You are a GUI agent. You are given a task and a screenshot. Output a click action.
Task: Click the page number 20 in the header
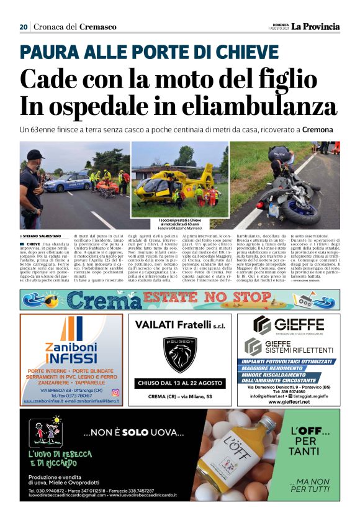[x=24, y=27]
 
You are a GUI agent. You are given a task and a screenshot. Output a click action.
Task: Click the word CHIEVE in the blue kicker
[x=212, y=51]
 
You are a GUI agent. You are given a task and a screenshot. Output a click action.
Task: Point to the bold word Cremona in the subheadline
[x=317, y=130]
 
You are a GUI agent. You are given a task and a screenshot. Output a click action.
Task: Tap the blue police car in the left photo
[x=66, y=183]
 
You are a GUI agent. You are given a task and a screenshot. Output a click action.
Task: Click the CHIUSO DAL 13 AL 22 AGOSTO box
[x=179, y=383]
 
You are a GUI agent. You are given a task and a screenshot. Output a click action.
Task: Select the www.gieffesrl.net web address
[x=289, y=402]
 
